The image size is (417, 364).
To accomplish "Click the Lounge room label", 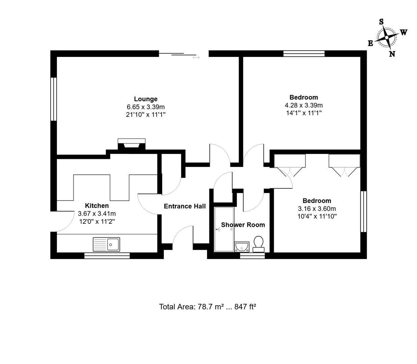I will pyautogui.click(x=146, y=99).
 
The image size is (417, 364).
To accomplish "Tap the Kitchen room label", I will pyautogui.click(x=97, y=206).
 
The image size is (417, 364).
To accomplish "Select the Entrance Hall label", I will pyautogui.click(x=185, y=206).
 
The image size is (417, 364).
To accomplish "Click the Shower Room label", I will pyautogui.click(x=243, y=225).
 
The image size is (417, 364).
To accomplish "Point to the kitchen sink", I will pyautogui.click(x=106, y=244).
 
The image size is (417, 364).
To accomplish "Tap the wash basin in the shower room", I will pyautogui.click(x=242, y=247).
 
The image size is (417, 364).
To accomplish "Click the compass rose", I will pyautogui.click(x=386, y=37).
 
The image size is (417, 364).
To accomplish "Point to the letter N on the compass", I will pyautogui.click(x=392, y=54).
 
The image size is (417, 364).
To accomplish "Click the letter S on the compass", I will pyautogui.click(x=381, y=22).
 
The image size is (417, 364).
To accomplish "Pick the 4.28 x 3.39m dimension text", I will pyautogui.click(x=303, y=105).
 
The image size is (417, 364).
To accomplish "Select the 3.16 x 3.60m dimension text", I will pyautogui.click(x=317, y=209).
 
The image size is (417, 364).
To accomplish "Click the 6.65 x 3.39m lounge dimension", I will pyautogui.click(x=146, y=107).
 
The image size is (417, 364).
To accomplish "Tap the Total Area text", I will pyautogui.click(x=208, y=307).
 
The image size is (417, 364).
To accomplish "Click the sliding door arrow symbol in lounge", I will pyautogui.click(x=196, y=58).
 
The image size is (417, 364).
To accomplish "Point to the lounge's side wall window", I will pyautogui.click(x=53, y=99).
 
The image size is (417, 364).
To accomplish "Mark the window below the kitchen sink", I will pyautogui.click(x=107, y=256).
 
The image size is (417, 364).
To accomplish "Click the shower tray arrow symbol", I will pyautogui.click(x=218, y=229).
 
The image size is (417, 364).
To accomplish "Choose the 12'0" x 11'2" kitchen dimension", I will pyautogui.click(x=97, y=221).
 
